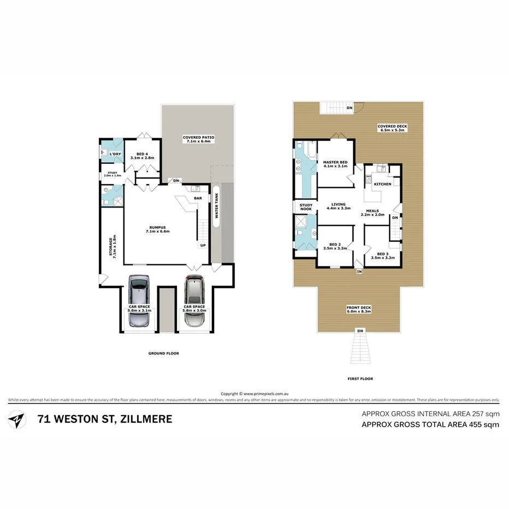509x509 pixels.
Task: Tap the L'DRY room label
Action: pos(115,155)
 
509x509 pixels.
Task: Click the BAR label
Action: pos(197,199)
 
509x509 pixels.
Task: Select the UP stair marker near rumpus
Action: pos(203,245)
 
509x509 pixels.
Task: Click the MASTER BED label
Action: pos(335,162)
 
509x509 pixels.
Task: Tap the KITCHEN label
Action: pos(382,184)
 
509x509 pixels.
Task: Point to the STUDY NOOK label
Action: pos(305,207)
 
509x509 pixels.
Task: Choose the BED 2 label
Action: pos(335,244)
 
